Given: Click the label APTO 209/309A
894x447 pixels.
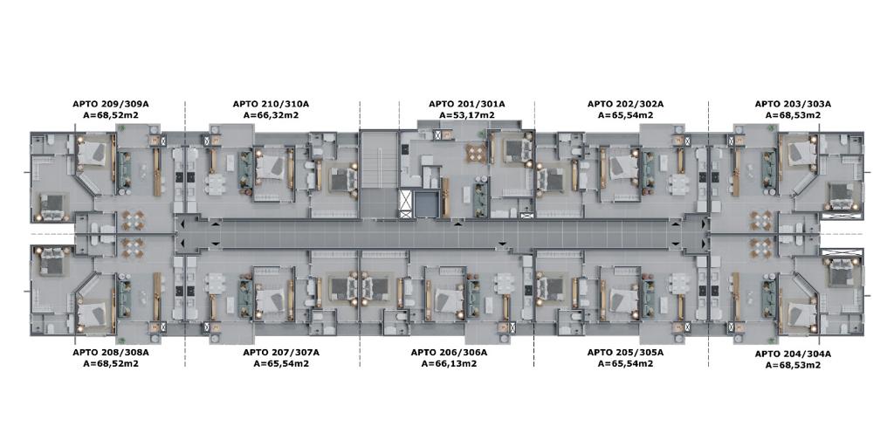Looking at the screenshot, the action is (x=111, y=105).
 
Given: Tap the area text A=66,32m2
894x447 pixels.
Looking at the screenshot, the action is (x=271, y=114).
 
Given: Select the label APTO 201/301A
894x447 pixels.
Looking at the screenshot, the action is (x=466, y=105).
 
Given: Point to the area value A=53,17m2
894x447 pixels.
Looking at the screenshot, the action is (x=466, y=114).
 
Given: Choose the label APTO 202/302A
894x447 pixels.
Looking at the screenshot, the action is (x=625, y=105).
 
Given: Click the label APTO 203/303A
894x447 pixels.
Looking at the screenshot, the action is (x=793, y=105).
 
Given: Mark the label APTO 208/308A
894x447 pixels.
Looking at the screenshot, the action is (x=111, y=353).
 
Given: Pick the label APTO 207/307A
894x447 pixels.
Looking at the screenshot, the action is (x=281, y=353).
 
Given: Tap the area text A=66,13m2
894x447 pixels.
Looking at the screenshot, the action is (x=450, y=363).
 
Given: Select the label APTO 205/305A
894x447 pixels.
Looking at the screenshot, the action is (x=625, y=353).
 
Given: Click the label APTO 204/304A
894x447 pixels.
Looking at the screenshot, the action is (x=793, y=354).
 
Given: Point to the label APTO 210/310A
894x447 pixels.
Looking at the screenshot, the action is (x=271, y=105).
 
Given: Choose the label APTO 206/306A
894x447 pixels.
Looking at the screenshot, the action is (x=450, y=353).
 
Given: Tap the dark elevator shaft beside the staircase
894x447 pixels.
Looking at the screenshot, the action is (x=427, y=204).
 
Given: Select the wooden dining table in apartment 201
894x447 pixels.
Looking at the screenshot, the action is (x=476, y=152).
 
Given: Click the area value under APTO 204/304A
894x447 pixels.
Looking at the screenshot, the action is (x=793, y=365).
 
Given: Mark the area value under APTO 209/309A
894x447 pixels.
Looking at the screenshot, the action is (x=111, y=114).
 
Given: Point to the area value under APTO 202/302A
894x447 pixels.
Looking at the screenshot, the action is (x=625, y=114).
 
